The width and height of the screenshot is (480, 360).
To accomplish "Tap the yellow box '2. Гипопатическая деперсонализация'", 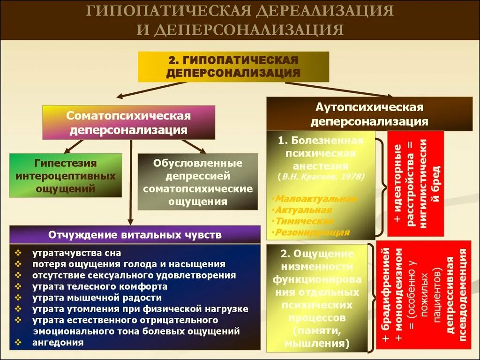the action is click(233, 67).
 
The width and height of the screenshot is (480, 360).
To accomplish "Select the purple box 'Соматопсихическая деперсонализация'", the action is click(128, 122).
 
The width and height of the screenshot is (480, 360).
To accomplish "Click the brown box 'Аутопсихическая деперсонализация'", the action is click(369, 114).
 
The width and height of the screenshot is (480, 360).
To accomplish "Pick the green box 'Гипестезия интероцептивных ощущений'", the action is click(66, 176).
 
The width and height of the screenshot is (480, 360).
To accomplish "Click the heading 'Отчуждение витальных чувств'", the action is click(134, 234).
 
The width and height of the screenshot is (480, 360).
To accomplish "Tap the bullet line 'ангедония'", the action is click(58, 342).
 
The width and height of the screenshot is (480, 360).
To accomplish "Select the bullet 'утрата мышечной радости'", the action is click(97, 297).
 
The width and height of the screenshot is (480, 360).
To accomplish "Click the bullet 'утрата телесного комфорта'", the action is click(100, 286).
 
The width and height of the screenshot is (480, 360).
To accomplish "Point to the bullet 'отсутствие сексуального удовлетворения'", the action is click(134, 275).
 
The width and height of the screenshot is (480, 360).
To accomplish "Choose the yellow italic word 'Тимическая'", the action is click(305, 221).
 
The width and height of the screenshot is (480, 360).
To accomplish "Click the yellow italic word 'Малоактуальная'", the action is click(316, 199).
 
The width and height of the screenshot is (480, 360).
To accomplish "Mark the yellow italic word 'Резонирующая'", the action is click(313, 232).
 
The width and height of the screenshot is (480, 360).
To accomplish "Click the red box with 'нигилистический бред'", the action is click(415, 184).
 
